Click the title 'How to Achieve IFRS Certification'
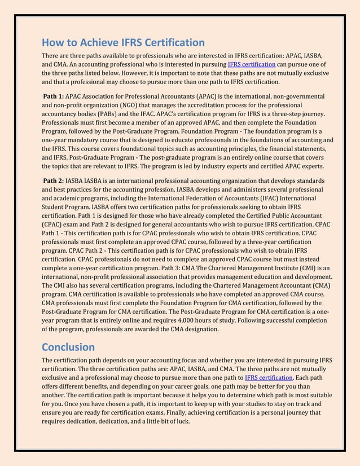pos(123,42)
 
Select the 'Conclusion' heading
pos(68,346)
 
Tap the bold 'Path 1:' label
pos(54,96)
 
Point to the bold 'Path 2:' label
pos(54,181)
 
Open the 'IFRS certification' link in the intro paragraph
pos(252,65)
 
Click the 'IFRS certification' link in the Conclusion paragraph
pos(269,377)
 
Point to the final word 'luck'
pos(181,421)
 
